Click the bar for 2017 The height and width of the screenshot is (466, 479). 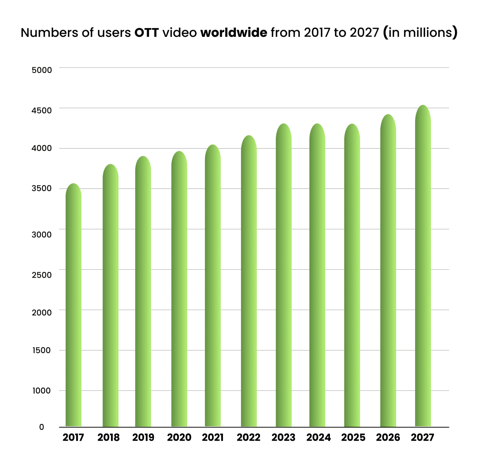coord(74,306)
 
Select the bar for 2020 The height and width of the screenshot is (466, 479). coord(179,290)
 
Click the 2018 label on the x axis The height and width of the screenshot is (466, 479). coord(109,438)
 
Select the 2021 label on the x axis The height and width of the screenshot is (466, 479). coord(213,438)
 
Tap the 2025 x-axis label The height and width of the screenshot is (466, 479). coord(353,438)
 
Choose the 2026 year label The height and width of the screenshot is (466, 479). coord(388,438)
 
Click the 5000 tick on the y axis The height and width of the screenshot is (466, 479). coord(42,70)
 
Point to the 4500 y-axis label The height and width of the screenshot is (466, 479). coord(42,110)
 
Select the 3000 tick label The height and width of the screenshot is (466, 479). coord(42,235)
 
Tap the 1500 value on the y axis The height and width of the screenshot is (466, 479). coord(42,350)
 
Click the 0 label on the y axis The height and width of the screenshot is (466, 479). coord(42,427)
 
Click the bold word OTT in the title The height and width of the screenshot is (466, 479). coord(147,33)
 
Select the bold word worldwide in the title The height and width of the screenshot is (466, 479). coord(234,33)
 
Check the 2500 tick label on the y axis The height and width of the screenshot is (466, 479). coord(42,275)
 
